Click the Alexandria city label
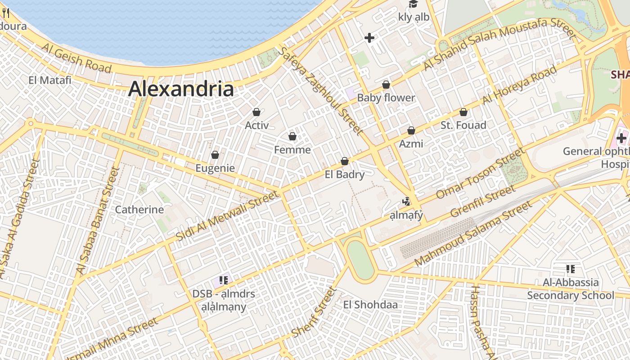pyautogui.click(x=181, y=89)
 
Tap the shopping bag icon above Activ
pyautogui.click(x=256, y=112)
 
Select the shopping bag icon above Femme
pyautogui.click(x=292, y=136)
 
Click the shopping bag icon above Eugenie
pyautogui.click(x=215, y=155)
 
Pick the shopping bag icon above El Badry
pyautogui.click(x=345, y=161)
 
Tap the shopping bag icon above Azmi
pyautogui.click(x=411, y=130)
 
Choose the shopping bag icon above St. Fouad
pyautogui.click(x=463, y=112)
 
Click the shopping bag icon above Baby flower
pyautogui.click(x=386, y=85)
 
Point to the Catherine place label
pyautogui.click(x=139, y=210)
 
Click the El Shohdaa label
pyautogui.click(x=370, y=305)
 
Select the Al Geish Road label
pyautogui.click(x=76, y=58)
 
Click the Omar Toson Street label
pyautogui.click(x=481, y=173)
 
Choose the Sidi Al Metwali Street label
pyautogui.click(x=227, y=216)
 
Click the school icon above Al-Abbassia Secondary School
pyautogui.click(x=571, y=269)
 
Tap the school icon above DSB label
pyautogui.click(x=224, y=280)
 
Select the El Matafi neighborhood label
pyautogui.click(x=50, y=80)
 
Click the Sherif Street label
pyautogui.click(x=314, y=311)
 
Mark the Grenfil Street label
pyautogui.click(x=483, y=200)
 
